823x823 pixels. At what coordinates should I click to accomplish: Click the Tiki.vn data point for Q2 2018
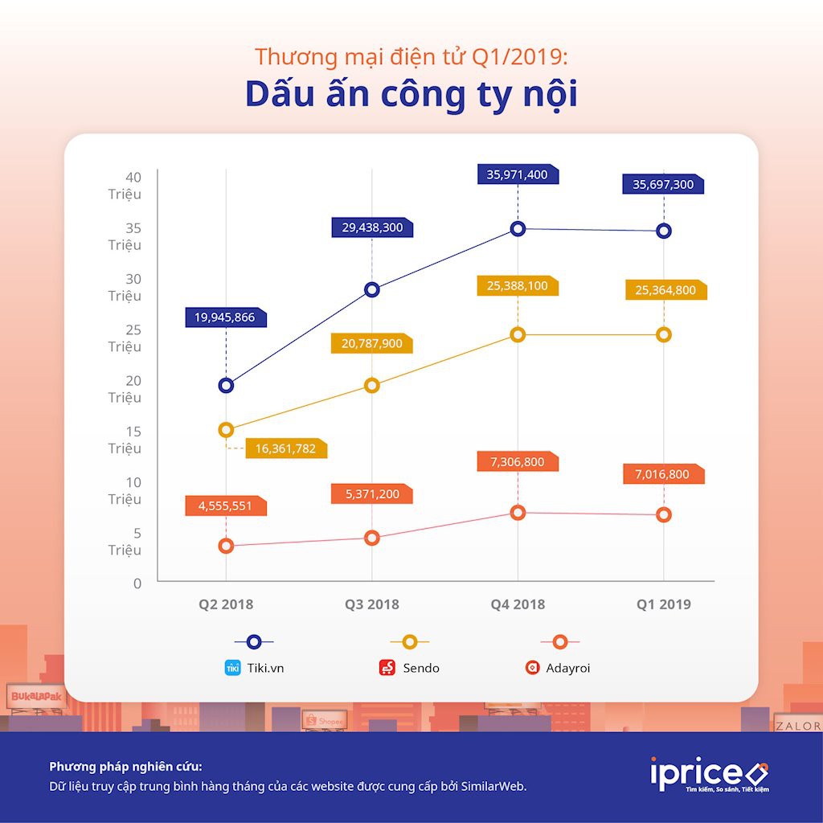(226, 385)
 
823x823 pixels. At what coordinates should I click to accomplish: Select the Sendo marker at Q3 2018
(371, 385)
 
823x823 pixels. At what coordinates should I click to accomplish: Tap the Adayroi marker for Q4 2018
(518, 512)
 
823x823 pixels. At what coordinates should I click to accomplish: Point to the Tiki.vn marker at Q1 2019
(663, 231)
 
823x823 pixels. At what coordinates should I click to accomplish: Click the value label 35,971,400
(517, 174)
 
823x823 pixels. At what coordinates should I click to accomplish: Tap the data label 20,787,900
(371, 344)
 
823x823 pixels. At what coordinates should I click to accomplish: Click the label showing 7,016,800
(662, 474)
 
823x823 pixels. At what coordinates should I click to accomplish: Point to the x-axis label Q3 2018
(371, 604)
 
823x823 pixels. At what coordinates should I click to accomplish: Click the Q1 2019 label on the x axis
(663, 604)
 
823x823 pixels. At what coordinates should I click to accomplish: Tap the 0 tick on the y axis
(137, 583)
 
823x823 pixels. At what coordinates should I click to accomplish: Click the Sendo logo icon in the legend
(387, 667)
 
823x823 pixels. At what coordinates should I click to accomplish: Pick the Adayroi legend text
(567, 668)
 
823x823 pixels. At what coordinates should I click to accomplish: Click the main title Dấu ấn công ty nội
(411, 94)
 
